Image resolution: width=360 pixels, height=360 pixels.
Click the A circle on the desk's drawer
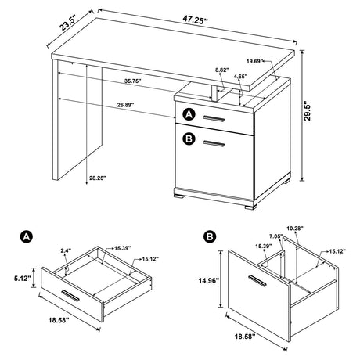pyautogui.click(x=188, y=115)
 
